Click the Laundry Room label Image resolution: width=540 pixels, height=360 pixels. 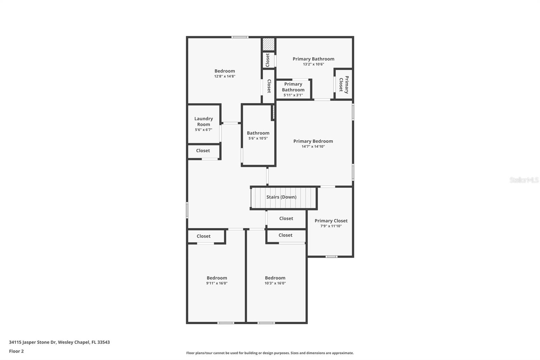coord(204,122)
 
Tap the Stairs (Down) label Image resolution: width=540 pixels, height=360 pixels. coord(281,197)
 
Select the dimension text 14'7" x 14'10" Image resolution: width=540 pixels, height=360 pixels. coord(313,147)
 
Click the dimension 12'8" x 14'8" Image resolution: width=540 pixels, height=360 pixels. coord(224,76)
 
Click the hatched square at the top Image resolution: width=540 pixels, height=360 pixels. coord(269,44)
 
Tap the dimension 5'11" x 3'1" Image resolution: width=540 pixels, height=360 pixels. coord(293,95)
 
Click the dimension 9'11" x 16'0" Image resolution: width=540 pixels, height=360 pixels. coord(217,283)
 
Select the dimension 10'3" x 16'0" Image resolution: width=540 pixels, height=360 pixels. coord(275,283)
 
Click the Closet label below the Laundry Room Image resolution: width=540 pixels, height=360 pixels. coord(203,151)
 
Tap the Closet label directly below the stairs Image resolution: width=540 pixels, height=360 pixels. coord(286,218)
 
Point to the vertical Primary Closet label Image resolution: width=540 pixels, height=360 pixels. coord(344,84)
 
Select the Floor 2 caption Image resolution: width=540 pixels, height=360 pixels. coord(16,351)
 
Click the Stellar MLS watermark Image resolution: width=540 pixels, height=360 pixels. coord(524,180)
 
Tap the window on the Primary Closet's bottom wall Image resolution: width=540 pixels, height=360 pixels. coord(331,257)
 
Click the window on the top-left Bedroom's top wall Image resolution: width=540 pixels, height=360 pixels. coord(240,37)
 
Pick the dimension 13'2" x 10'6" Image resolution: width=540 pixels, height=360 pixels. coord(313,64)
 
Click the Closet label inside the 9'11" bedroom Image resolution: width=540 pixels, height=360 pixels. coord(203,236)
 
